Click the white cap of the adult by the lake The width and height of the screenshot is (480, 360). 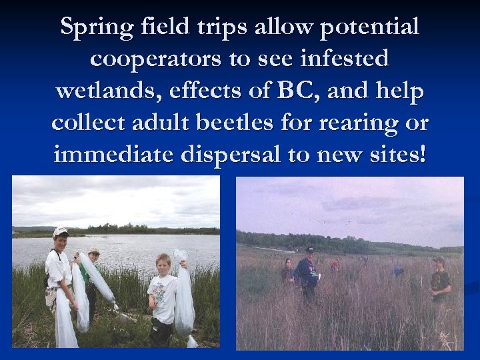pos(61,231)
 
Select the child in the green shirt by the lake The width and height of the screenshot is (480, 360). pos(93,273)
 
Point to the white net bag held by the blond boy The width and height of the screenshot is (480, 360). pos(183,293)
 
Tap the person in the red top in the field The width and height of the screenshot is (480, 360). pos(335,265)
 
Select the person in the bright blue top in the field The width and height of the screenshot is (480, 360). pos(398,271)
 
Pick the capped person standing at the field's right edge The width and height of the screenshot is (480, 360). pos(439,280)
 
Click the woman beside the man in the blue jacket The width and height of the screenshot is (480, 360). pos(288,270)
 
